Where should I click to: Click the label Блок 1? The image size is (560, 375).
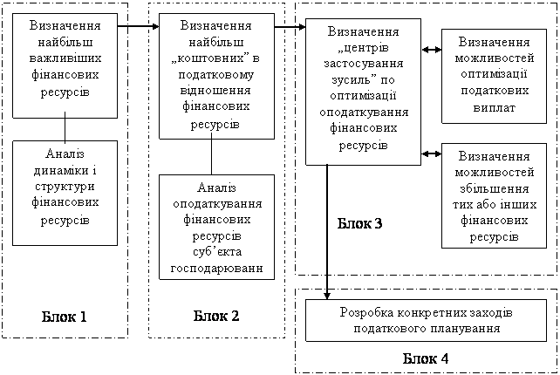[x=65, y=316]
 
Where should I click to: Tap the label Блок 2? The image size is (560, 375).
[x=216, y=316]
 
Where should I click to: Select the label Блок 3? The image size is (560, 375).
[x=359, y=224]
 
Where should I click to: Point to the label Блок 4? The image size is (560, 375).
[x=427, y=358]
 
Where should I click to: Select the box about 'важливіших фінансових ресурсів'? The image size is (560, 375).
[x=65, y=65]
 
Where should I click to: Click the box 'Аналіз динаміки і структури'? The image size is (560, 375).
[x=65, y=193]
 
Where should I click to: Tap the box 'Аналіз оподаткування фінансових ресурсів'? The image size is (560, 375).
[x=217, y=227]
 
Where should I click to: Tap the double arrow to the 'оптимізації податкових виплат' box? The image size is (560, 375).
[x=430, y=50]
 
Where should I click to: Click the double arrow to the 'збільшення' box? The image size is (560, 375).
[x=430, y=153]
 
